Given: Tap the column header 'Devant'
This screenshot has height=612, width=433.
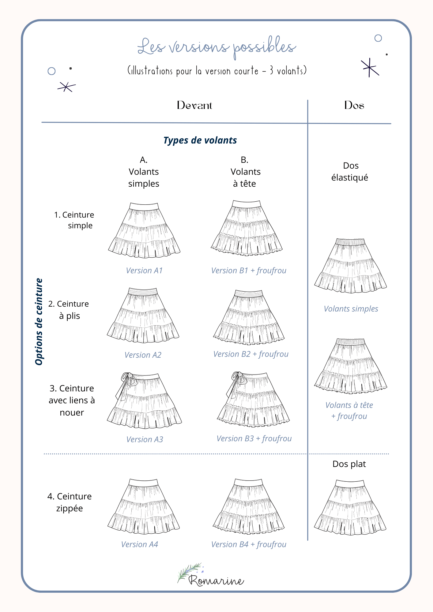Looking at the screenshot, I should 194,105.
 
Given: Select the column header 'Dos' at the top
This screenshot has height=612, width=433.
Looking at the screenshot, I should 354,105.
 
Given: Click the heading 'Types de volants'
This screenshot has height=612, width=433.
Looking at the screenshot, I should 200,140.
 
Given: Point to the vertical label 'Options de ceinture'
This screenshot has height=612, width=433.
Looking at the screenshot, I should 39,321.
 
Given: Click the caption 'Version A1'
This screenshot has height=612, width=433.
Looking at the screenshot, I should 144,271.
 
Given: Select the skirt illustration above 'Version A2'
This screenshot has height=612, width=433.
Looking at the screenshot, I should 143,315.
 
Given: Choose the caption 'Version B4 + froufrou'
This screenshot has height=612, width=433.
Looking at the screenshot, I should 249,544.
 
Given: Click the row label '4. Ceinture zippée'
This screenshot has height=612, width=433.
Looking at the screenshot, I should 70,502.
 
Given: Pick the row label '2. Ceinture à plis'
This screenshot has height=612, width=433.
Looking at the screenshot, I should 69,310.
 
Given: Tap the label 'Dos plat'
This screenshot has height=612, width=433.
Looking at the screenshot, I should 349,464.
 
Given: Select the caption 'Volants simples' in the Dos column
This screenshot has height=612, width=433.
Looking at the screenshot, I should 351,309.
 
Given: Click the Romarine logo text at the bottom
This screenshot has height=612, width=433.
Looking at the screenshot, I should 216,580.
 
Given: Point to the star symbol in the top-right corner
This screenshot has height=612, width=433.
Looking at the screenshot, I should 370,67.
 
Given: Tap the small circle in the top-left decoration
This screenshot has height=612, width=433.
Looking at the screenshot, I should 51,71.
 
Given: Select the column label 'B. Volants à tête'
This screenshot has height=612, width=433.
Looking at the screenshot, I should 245,171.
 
